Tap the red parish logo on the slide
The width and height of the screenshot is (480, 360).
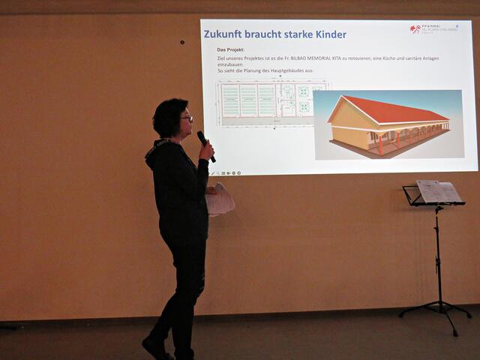(x=415, y=29)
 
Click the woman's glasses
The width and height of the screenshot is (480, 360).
(x=187, y=118)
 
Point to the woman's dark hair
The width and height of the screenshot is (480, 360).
(x=166, y=116)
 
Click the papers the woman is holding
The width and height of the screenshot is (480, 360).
(x=220, y=200)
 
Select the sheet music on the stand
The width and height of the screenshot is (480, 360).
(x=439, y=192)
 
